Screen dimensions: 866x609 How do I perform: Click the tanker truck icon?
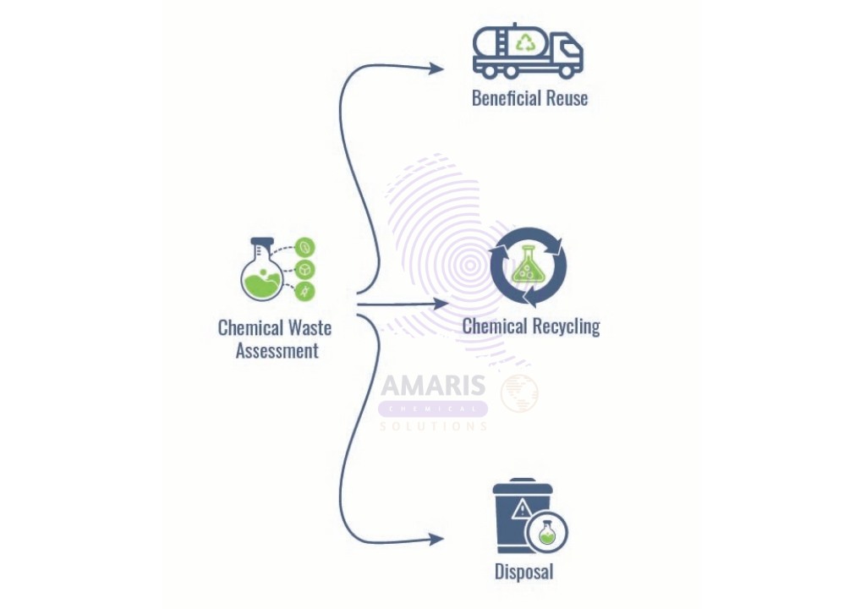(x=528, y=51)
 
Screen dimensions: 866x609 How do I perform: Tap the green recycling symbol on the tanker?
(x=524, y=42)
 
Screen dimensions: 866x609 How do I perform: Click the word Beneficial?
(x=506, y=98)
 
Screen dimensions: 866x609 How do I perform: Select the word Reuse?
(x=567, y=98)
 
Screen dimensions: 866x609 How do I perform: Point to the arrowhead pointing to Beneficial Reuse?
(x=437, y=69)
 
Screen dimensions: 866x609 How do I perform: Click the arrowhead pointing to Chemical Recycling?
(x=441, y=304)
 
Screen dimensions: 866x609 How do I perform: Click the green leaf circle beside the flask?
(x=304, y=247)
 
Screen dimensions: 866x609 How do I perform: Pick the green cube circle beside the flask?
(x=304, y=270)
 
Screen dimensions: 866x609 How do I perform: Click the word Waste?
(x=310, y=327)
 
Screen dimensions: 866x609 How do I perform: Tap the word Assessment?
(x=277, y=351)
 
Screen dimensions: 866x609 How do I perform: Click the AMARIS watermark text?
(x=434, y=385)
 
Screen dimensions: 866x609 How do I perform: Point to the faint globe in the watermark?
(x=520, y=393)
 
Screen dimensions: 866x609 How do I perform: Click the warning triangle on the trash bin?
(x=521, y=509)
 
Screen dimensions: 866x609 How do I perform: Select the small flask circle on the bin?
(x=547, y=532)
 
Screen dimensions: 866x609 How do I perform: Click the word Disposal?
(x=524, y=572)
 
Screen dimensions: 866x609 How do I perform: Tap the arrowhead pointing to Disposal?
(x=437, y=539)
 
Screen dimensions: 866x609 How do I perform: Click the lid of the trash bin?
(x=523, y=486)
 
